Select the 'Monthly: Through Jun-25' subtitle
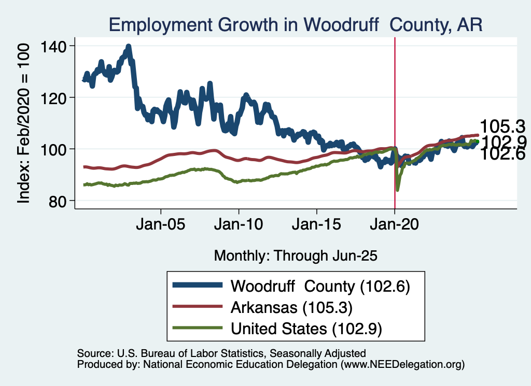(295, 255)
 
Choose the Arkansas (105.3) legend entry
(291, 307)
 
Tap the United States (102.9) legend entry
(309, 328)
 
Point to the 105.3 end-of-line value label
(502, 126)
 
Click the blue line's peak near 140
(128, 46)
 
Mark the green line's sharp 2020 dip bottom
(397, 190)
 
